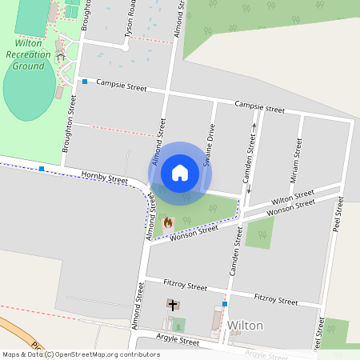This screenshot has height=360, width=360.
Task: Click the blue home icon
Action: (180, 173)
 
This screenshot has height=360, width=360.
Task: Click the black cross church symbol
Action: (172, 305)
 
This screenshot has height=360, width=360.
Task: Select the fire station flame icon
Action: (167, 222)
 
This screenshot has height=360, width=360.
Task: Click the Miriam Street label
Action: (298, 151)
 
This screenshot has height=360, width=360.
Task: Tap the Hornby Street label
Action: (104, 178)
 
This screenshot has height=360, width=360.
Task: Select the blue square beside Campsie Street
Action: (84, 82)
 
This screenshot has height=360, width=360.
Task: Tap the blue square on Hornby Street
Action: (42, 169)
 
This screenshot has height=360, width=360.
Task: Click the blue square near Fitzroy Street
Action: (225, 304)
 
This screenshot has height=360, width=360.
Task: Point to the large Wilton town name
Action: (246, 326)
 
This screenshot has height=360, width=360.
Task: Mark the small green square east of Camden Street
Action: (258, 233)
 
